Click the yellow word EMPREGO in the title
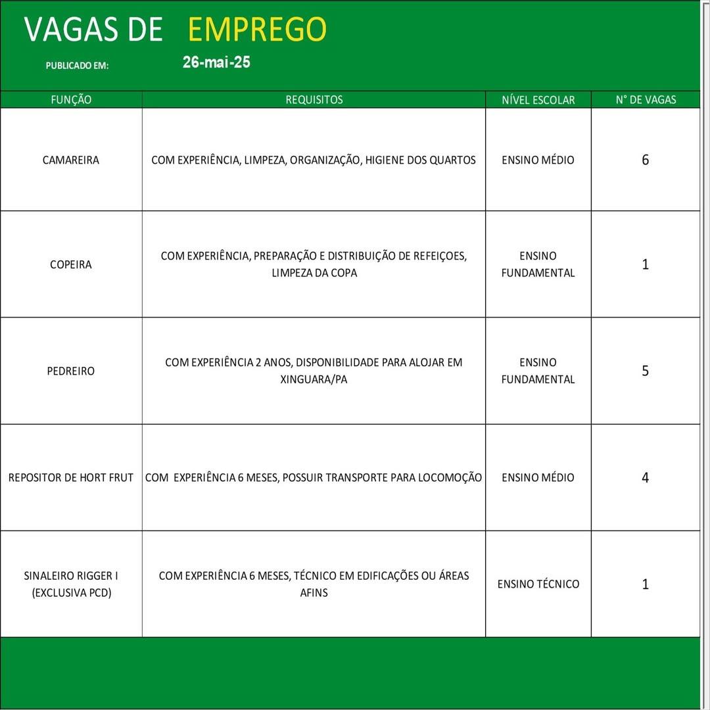(257, 30)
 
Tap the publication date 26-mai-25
(216, 63)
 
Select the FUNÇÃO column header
(71, 100)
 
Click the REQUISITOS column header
(314, 100)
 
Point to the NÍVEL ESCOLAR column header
(538, 100)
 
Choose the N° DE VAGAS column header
(646, 100)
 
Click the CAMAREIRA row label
(71, 160)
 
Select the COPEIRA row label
(71, 264)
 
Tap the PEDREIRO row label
(71, 371)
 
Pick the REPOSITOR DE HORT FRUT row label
(71, 477)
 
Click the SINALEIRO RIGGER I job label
(71, 576)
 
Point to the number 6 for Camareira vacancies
(645, 160)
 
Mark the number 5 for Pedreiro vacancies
(645, 371)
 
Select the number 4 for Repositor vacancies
(645, 477)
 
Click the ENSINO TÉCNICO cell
(538, 584)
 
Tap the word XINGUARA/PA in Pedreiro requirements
(314, 379)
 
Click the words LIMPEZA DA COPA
(314, 273)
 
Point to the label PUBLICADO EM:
(77, 66)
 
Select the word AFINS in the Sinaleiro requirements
(314, 592)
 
